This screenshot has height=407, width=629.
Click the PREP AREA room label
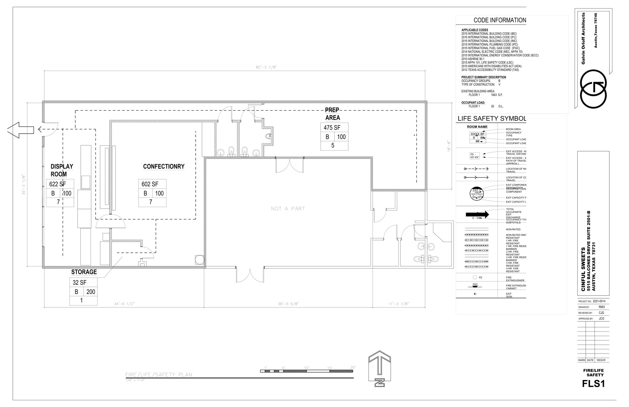332,114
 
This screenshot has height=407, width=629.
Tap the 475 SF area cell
332,127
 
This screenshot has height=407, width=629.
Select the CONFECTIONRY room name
164,166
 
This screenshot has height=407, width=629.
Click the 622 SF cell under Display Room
58,184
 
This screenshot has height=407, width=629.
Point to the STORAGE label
84,272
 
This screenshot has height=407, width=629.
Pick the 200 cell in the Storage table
91,292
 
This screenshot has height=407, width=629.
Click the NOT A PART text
288,209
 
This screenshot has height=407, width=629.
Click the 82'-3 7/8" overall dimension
266,67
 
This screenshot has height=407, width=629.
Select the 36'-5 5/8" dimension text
288,304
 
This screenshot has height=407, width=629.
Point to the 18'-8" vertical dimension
449,146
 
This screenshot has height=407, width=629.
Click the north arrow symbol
380,368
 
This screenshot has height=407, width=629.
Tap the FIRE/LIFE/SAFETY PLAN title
159,374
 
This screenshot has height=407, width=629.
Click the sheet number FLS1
593,384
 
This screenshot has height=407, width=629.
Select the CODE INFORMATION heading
499,20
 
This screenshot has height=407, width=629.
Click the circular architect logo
593,89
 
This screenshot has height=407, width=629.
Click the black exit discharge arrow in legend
477,214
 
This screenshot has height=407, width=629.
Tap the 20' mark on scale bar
353,367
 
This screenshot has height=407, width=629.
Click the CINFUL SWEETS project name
583,269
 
